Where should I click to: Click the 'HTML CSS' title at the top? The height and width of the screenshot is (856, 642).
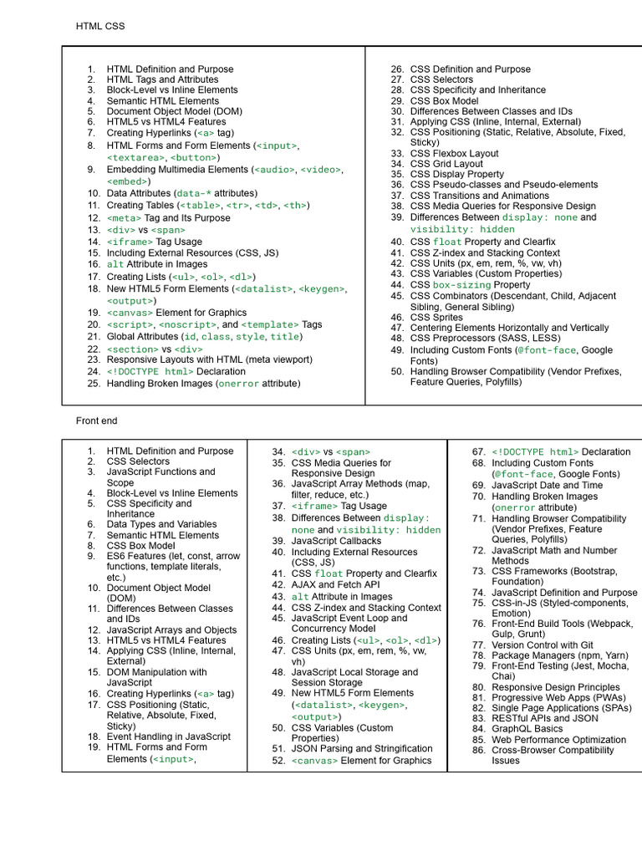coord(100,27)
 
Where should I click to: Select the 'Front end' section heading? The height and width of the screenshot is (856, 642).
coord(97,420)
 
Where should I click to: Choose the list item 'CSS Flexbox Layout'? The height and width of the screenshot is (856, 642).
coord(454,154)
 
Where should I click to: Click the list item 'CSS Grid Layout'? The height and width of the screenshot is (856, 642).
coord(446,165)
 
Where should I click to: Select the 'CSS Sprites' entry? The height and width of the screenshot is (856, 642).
coord(438,318)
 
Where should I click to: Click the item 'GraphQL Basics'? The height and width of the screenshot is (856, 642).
coord(527,729)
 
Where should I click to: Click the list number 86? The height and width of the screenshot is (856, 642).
coord(478,751)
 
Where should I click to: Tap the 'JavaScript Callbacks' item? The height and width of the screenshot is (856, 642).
coord(336,541)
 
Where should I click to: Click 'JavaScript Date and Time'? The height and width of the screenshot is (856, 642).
coord(547,485)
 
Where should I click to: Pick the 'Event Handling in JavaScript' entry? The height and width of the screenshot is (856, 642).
coord(168,736)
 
